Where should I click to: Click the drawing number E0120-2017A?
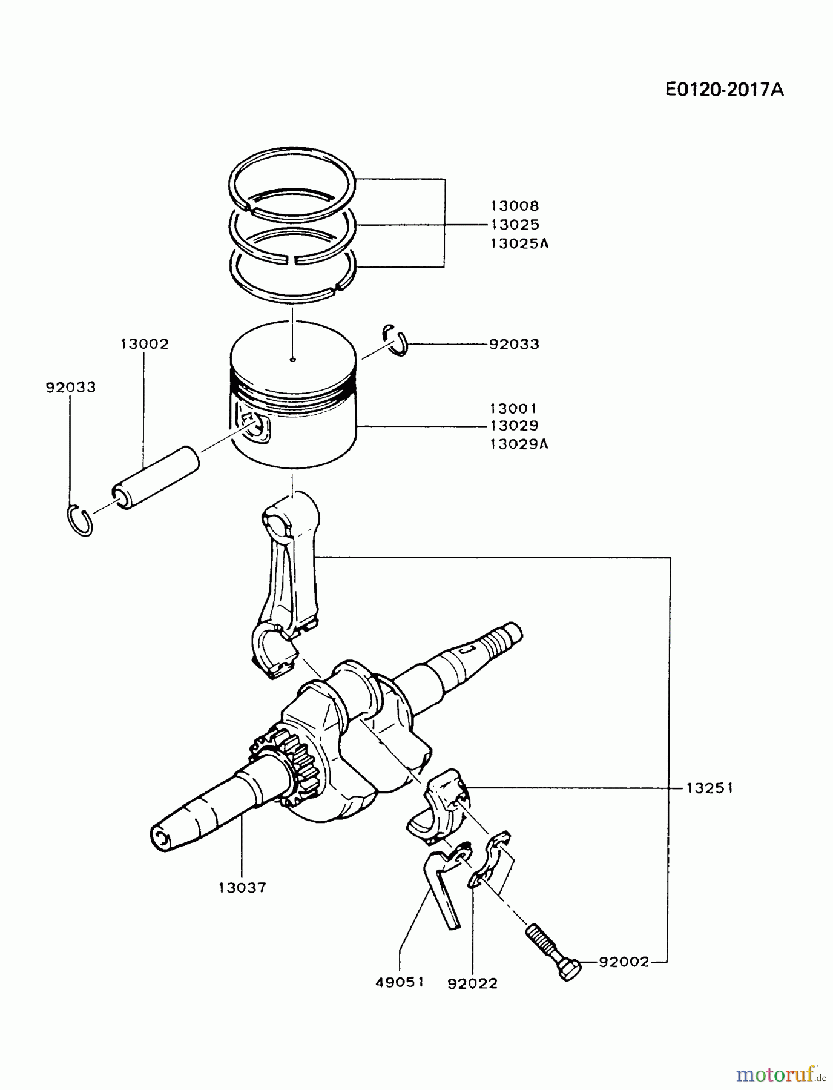click(724, 90)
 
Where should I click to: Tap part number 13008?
click(515, 206)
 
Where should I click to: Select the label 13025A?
click(519, 243)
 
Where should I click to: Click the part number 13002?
click(144, 344)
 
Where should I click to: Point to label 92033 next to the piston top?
click(514, 344)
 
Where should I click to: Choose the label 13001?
click(514, 408)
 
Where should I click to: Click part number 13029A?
click(519, 444)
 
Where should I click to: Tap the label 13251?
click(710, 788)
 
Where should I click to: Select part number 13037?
click(242, 888)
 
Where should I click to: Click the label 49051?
click(400, 982)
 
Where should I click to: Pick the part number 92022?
click(472, 983)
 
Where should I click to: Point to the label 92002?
click(624, 962)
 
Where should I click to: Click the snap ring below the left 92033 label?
click(80, 520)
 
